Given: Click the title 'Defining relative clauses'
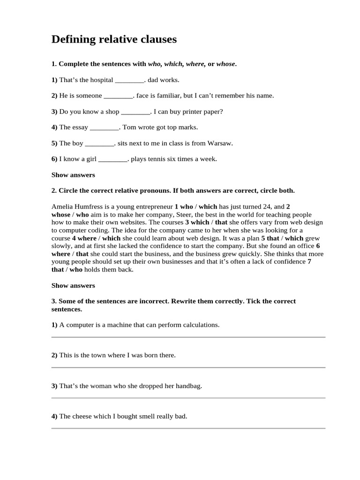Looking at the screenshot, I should (114, 40).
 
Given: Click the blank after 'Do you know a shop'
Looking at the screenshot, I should (136, 112).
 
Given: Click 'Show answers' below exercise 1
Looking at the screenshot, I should (73, 175).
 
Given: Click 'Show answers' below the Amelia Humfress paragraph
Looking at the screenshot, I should (73, 285).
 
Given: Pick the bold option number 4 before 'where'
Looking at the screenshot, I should (74, 239).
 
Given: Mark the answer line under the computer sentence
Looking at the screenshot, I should (188, 337).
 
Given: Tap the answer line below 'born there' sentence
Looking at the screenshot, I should (188, 367).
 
